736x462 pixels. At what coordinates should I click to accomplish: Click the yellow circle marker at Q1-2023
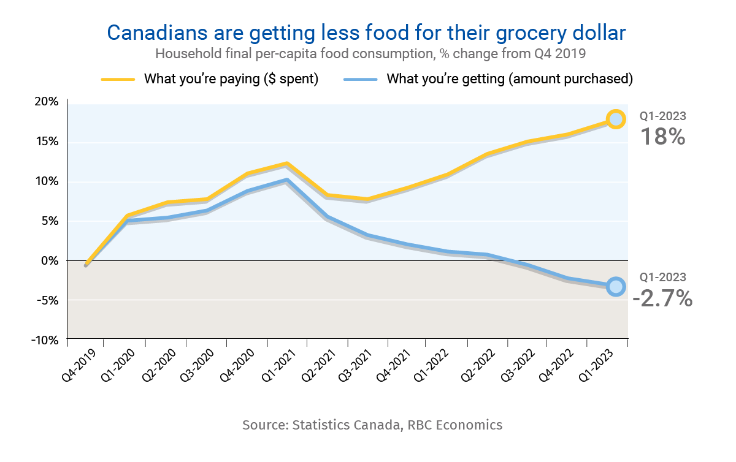616,119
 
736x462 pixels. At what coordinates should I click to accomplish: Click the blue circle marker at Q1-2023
616,286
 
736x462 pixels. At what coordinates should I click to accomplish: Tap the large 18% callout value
662,137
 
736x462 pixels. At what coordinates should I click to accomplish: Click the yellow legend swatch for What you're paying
117,79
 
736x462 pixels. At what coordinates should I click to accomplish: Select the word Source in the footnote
265,425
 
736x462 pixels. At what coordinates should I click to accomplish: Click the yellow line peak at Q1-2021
286,164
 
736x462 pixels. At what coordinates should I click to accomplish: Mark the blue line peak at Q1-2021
286,180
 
